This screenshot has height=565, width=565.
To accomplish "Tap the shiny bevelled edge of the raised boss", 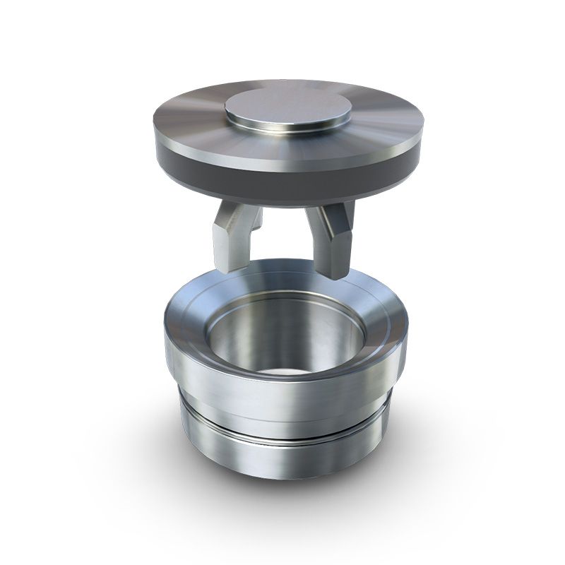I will pos(288,132).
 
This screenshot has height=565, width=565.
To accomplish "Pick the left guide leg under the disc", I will pos(233,237).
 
